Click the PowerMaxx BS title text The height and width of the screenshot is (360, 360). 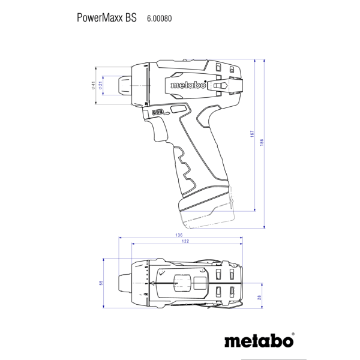tap(107, 17)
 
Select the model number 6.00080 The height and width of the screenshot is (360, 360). tap(160, 19)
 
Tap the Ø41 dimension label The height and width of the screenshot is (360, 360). tap(93, 85)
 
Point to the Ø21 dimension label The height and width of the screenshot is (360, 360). tap(100, 85)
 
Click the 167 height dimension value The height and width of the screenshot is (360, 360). tap(252, 134)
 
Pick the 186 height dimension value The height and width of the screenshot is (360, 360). tap(262, 142)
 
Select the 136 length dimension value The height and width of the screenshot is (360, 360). tap(179, 235)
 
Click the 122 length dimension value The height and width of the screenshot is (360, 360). tap(185, 241)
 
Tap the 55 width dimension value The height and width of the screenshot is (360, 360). tap(101, 283)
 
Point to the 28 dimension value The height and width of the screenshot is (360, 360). tap(259, 298)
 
